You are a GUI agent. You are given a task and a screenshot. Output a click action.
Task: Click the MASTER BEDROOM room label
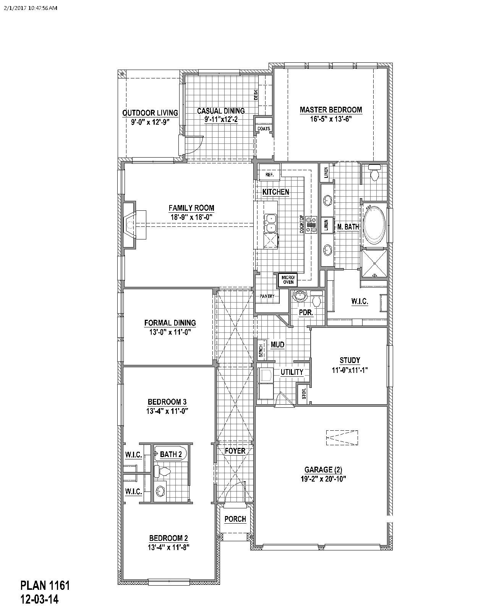(x=331, y=110)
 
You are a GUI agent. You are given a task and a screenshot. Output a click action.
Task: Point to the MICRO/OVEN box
(x=288, y=280)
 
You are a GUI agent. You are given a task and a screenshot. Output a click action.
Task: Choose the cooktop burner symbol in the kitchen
(x=311, y=225)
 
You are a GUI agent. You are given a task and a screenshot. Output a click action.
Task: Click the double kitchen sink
(x=271, y=223)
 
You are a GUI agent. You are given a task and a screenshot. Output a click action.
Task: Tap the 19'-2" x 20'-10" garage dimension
(x=323, y=479)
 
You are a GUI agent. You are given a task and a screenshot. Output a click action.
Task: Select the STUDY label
(x=350, y=360)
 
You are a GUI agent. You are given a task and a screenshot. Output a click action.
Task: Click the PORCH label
(x=235, y=519)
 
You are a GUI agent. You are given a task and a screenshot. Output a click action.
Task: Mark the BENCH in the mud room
(x=261, y=350)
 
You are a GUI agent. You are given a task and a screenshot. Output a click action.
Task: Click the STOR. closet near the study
(x=304, y=393)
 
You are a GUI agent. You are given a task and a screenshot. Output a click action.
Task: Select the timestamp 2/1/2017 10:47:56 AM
(x=31, y=8)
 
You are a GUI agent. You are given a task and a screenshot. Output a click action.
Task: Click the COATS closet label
(x=263, y=129)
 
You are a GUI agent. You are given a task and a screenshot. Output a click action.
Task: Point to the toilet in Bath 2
(x=162, y=472)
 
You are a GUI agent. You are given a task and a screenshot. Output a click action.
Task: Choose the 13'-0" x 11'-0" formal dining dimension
(x=170, y=332)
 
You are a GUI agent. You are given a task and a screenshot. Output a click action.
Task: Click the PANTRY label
(x=267, y=296)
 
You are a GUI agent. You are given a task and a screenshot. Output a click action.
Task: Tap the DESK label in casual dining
(x=256, y=95)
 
